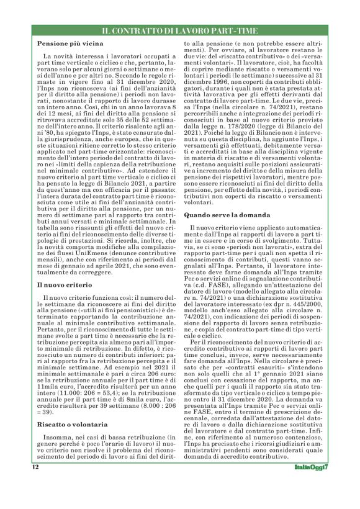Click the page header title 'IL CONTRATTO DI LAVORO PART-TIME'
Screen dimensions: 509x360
(179, 30)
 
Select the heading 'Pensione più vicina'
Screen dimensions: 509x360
(68, 45)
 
